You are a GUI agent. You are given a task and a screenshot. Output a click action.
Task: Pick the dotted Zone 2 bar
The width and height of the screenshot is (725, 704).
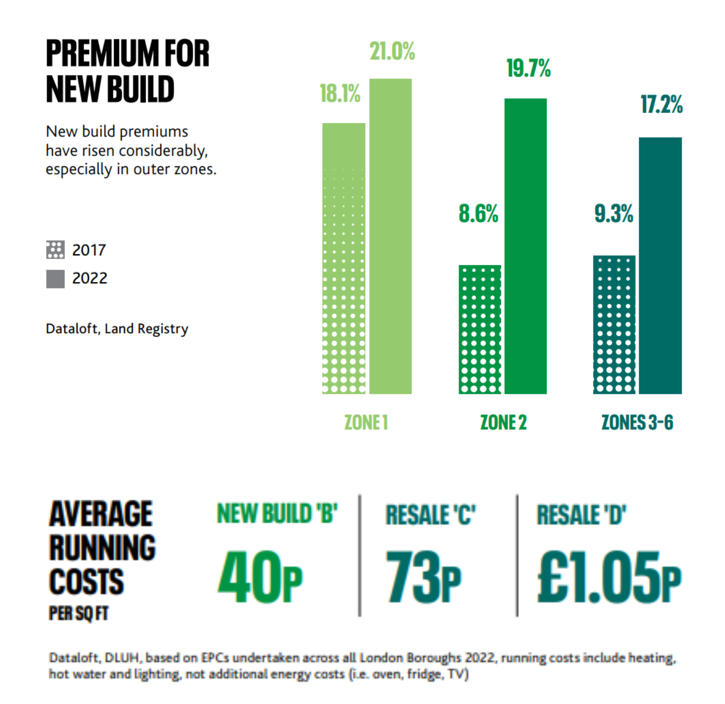coord(480,329)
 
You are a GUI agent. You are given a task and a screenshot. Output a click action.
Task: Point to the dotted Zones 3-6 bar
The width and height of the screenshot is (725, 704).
coord(614,324)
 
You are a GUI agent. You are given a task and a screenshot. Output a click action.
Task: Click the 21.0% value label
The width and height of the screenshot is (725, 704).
coord(392,51)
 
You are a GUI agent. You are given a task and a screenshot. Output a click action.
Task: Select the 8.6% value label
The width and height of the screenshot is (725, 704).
coord(479,213)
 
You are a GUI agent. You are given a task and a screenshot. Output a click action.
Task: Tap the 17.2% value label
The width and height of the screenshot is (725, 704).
coord(662,104)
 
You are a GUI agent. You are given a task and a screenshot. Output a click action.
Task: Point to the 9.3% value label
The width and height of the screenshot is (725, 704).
coord(614,213)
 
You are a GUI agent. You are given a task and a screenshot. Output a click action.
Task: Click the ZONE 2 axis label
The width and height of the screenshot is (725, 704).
coord(503,422)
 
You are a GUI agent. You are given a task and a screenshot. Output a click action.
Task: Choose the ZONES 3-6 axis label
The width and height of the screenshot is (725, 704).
coord(637,422)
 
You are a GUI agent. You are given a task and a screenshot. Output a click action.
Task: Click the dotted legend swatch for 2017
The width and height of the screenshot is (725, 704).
coord(55,250)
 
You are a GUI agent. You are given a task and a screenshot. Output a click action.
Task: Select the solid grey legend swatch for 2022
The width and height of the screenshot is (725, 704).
coord(55,279)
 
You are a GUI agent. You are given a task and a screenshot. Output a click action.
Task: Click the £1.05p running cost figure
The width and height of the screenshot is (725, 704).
coord(609,577)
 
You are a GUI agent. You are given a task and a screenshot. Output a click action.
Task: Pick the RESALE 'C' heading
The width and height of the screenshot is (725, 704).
coord(431,515)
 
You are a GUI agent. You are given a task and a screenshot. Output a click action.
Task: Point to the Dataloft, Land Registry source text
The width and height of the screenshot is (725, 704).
coord(117,329)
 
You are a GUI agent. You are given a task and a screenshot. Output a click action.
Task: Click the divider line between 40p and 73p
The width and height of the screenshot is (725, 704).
coord(360,555)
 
